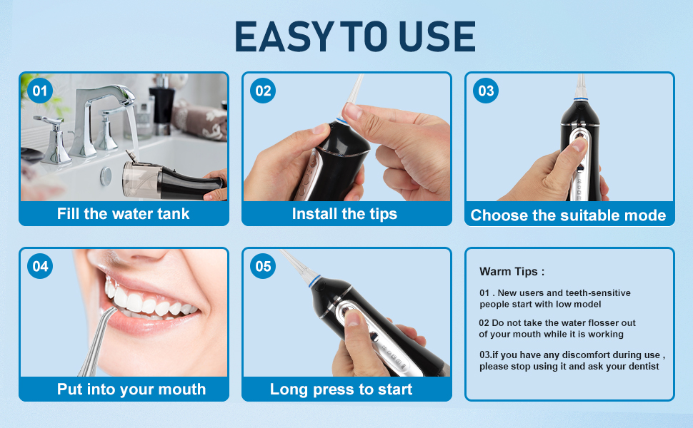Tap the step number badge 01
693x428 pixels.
click(40, 91)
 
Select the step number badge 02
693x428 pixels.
click(263, 91)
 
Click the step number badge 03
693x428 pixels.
click(486, 91)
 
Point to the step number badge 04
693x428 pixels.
click(40, 266)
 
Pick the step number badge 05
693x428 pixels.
click(263, 266)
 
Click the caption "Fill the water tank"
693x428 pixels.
click(124, 214)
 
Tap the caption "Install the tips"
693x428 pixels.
click(344, 214)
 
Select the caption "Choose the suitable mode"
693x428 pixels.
click(568, 215)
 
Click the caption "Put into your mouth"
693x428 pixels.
click(131, 389)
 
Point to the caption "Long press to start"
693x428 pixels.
click(341, 389)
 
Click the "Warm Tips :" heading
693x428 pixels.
click(512, 271)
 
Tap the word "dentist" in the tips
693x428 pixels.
click(642, 366)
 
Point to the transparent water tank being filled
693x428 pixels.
click(141, 179)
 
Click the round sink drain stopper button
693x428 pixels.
click(106, 175)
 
